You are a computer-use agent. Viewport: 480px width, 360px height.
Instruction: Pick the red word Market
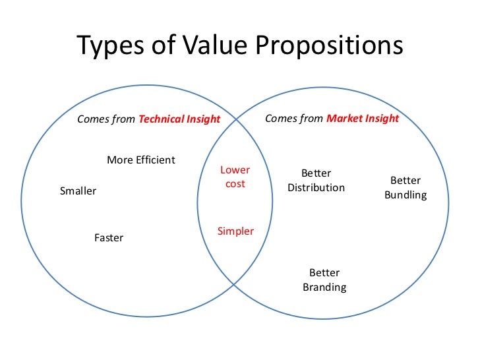point(345,119)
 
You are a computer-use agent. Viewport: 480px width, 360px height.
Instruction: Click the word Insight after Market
point(382,119)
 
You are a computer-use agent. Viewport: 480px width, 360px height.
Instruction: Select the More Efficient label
point(141,160)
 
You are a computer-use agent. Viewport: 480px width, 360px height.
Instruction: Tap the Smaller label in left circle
point(78,191)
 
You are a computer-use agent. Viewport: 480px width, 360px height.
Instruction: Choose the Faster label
point(109,238)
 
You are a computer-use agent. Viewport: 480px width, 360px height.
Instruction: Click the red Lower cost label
point(235,177)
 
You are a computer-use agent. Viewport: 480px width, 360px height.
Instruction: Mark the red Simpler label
point(235,231)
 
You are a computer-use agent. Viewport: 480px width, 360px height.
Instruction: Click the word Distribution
point(316,188)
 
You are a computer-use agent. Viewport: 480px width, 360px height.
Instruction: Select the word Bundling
point(405,195)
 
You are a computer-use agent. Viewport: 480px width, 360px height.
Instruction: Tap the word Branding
point(324,287)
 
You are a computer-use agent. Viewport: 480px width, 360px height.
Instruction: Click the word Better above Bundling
point(405,181)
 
